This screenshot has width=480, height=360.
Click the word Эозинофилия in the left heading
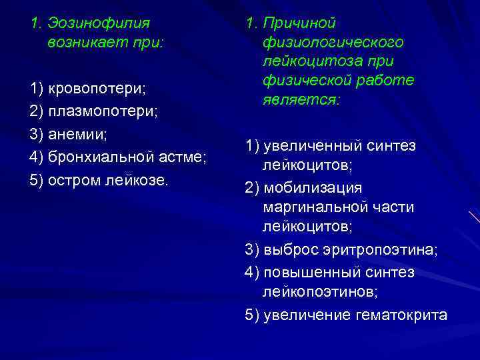click(x=99, y=23)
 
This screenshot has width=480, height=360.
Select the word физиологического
click(x=333, y=42)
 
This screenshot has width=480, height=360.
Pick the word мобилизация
click(x=313, y=188)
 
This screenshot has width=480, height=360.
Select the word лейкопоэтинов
click(x=320, y=291)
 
